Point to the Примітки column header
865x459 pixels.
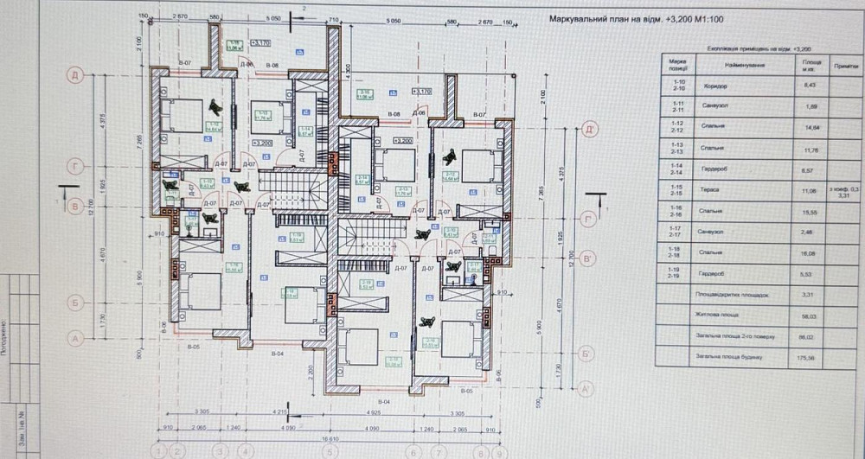[x=845, y=66]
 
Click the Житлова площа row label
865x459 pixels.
[x=734, y=315]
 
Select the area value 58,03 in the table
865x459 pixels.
[x=811, y=315]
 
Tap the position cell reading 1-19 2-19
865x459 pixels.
[x=678, y=273]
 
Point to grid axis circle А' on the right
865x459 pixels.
[x=588, y=390]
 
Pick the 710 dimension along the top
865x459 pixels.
[x=331, y=17]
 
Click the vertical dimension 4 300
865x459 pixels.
[x=348, y=69]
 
